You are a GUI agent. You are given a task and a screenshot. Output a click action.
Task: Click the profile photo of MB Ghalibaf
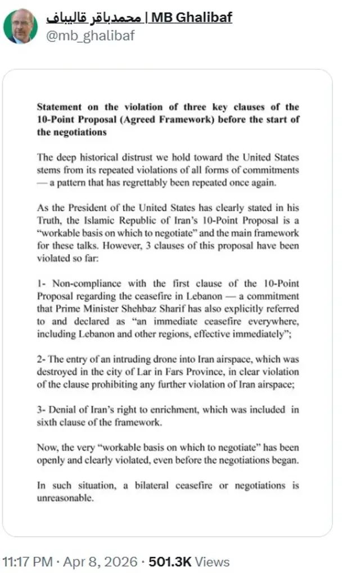(21, 26)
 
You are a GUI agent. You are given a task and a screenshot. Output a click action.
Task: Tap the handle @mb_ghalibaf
(89, 36)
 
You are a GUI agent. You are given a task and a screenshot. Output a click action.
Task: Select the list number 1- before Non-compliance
(41, 283)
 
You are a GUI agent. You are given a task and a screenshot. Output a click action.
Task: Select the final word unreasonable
(64, 498)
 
